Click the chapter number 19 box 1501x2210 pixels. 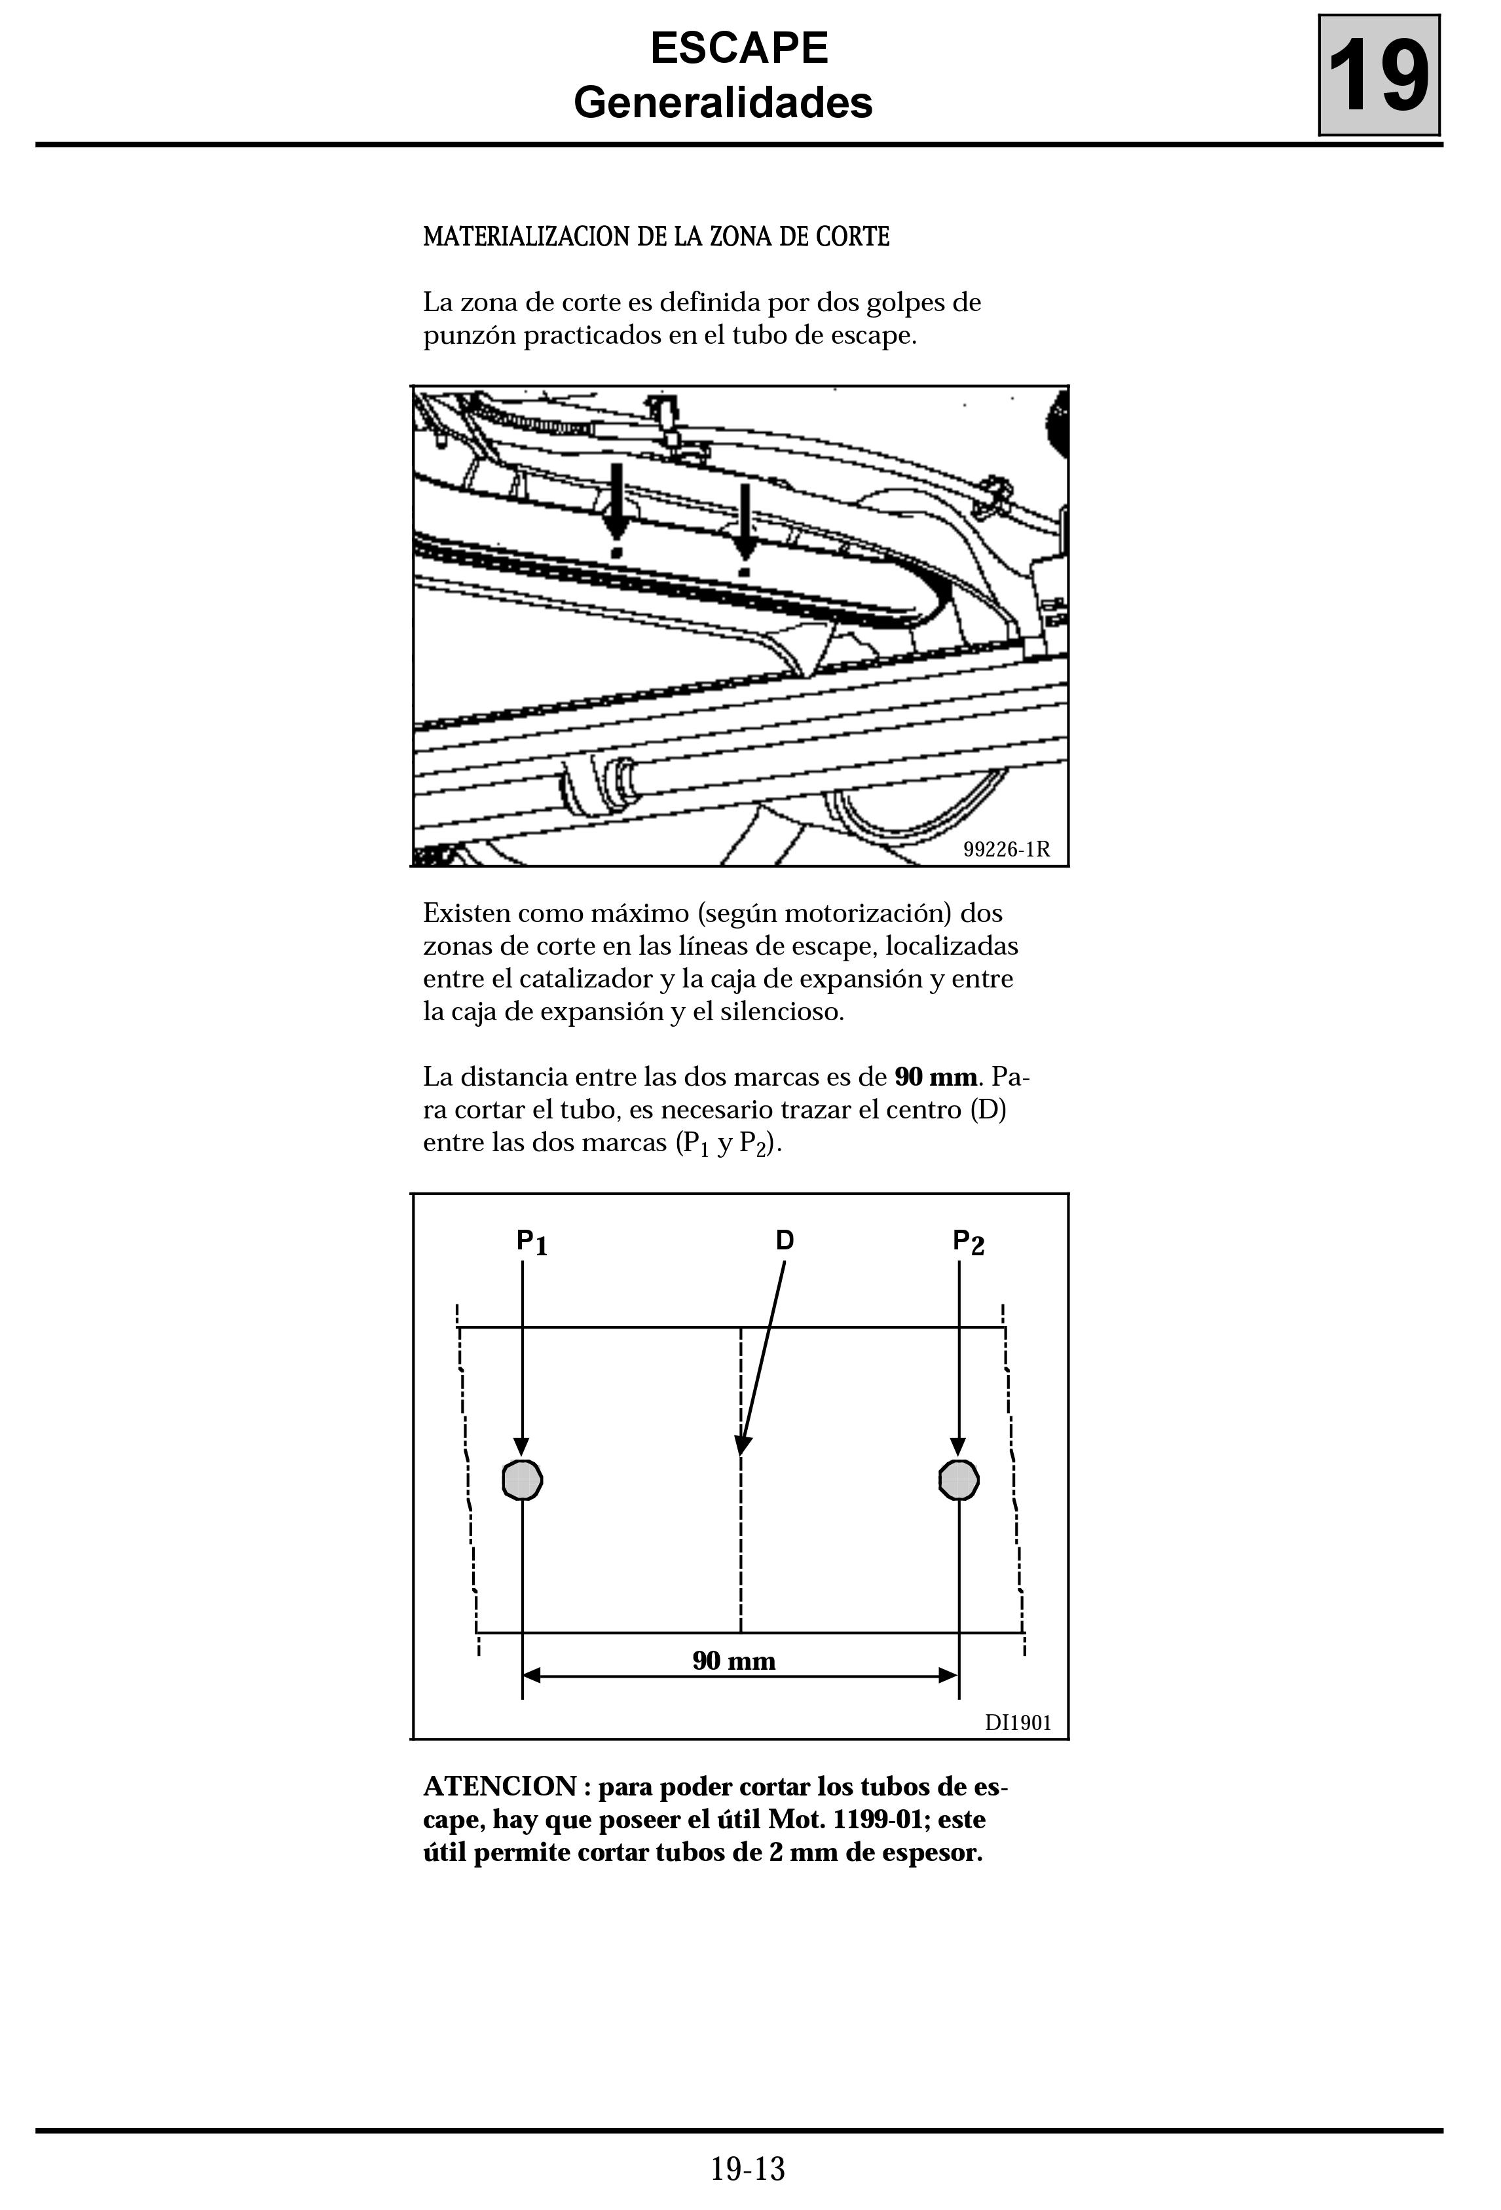[x=1379, y=75]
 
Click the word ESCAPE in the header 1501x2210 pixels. [x=739, y=48]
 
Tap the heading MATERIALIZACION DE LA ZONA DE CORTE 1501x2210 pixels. [x=656, y=237]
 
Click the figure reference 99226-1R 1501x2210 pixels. [x=1007, y=849]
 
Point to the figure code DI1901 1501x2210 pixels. [x=1018, y=1722]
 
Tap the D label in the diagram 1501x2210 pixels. [x=785, y=1240]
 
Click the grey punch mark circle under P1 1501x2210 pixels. [x=522, y=1480]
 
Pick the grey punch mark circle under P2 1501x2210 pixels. [x=959, y=1480]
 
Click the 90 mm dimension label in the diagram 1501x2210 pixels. [x=733, y=1661]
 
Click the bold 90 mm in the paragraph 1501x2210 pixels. [x=936, y=1077]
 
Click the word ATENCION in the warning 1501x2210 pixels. [x=500, y=1787]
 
